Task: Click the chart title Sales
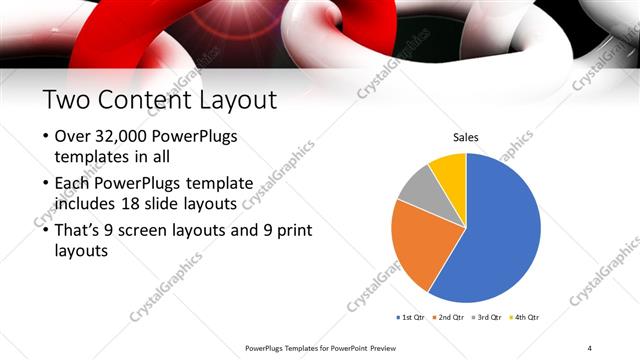[x=466, y=137]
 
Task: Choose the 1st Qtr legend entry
[x=411, y=317]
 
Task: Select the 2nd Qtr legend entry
[x=451, y=317]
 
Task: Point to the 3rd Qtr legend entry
[x=490, y=317]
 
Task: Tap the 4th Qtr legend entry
[x=528, y=317]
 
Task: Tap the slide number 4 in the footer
[x=590, y=347]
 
